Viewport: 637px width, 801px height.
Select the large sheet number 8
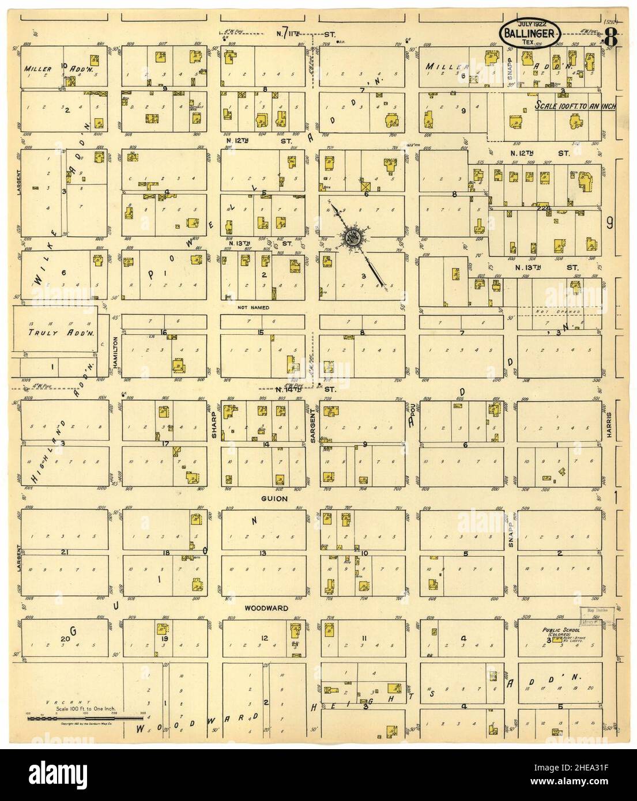tap(610, 39)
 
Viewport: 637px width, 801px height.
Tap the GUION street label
tap(274, 498)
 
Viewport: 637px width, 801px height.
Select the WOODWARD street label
tap(265, 608)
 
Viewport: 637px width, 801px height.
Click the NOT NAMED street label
tap(253, 308)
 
